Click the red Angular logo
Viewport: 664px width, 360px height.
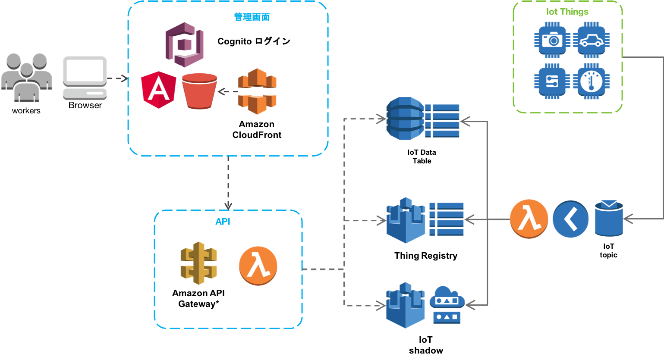coord(158,89)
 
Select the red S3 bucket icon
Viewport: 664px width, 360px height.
coord(200,91)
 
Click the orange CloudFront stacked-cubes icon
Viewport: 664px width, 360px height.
coord(257,91)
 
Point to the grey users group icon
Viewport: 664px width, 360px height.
coord(26,78)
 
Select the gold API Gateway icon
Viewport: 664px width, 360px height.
coord(198,263)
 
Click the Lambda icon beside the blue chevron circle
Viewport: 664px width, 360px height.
coord(529,219)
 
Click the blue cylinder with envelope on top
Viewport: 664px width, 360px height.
coord(608,218)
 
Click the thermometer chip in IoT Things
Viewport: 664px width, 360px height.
coord(591,81)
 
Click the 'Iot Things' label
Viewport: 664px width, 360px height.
coord(567,12)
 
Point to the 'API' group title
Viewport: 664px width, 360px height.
coord(223,222)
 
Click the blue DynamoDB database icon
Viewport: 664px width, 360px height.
coord(405,119)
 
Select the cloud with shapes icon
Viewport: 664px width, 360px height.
coord(447,304)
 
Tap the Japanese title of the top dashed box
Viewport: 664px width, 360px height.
coord(252,17)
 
